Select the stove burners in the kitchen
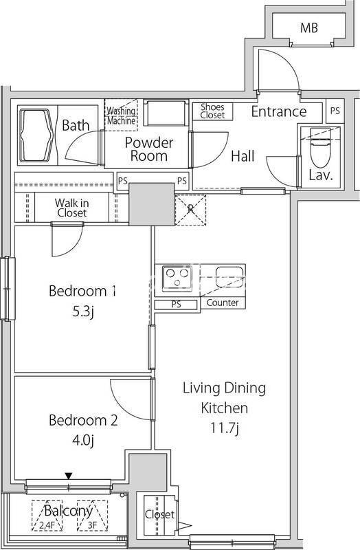point(177,278)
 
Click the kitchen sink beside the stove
point(229,277)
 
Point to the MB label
point(309,27)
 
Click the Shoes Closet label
point(212,111)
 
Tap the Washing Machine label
point(121,115)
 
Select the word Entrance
point(279,111)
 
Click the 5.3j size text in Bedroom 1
point(82,311)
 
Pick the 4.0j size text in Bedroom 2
point(82,440)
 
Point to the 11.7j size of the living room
point(225,428)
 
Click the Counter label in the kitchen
point(223,302)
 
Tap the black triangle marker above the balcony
point(69,476)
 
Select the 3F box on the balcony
point(92,515)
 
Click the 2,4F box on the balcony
point(47,515)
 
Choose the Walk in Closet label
point(71,208)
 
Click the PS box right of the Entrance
point(335,111)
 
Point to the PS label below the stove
point(177,304)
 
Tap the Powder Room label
point(148,149)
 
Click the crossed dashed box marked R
point(190,210)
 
